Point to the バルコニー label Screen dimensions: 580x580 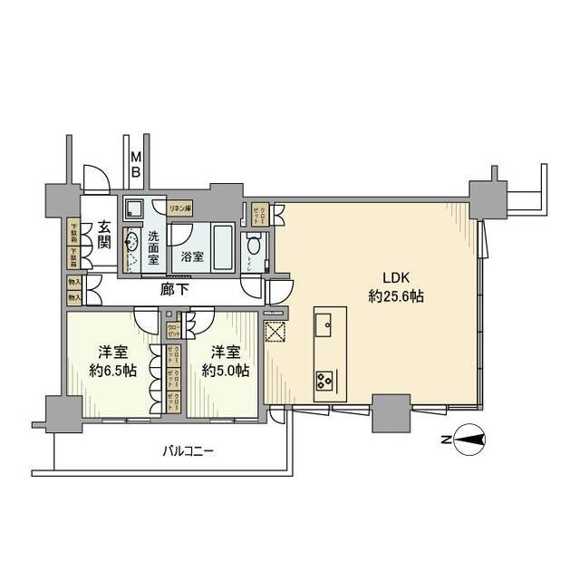tap(188, 450)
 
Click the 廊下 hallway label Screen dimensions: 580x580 tap(175, 291)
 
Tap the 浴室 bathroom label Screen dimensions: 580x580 tap(191, 256)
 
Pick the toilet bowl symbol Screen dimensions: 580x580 tap(255, 245)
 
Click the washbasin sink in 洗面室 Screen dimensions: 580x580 tap(131, 242)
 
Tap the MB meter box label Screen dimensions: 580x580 tap(134, 165)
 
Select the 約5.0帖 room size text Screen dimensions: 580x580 tap(225, 371)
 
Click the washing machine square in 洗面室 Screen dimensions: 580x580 tap(133, 208)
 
